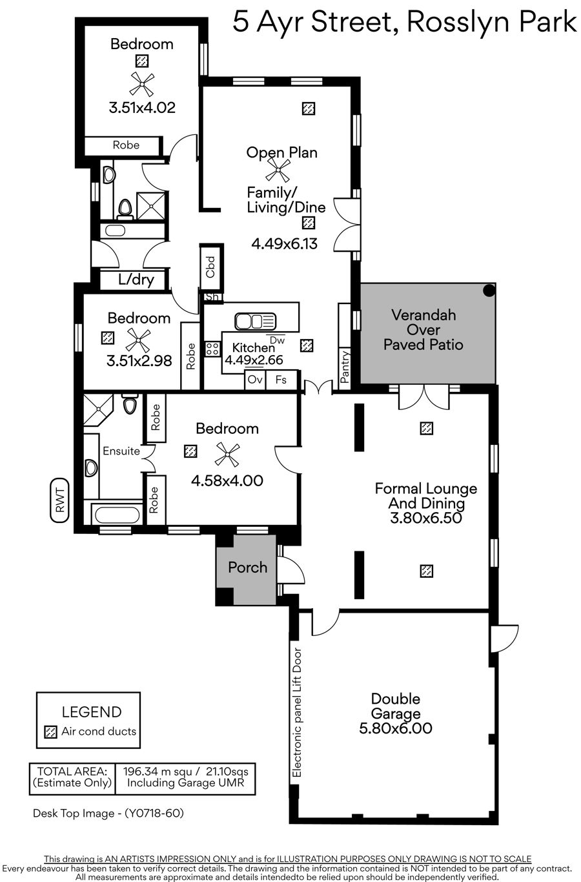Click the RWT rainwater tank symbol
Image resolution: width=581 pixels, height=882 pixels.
point(60,500)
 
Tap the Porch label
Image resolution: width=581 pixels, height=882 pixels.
point(248,568)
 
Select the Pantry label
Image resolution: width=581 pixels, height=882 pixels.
point(345,367)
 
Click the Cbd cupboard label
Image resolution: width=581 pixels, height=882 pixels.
point(210,267)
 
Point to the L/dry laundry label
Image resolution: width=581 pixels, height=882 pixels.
point(136,280)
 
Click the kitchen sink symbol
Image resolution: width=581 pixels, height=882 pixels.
point(256,322)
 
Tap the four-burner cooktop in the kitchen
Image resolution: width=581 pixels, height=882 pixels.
point(212,349)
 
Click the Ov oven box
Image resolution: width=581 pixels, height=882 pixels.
point(255,380)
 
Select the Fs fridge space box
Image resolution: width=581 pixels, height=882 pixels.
point(281,380)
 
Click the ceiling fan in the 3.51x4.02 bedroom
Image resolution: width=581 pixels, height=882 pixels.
point(142,84)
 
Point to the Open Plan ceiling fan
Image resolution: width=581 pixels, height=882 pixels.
point(278,170)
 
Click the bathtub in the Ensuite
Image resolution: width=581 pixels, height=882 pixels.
point(117,515)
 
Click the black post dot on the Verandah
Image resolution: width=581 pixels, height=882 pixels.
point(489,291)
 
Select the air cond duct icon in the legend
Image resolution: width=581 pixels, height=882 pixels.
point(50,732)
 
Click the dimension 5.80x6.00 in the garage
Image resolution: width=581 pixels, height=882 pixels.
point(396,728)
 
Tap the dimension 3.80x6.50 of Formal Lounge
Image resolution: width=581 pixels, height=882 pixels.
point(426,518)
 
